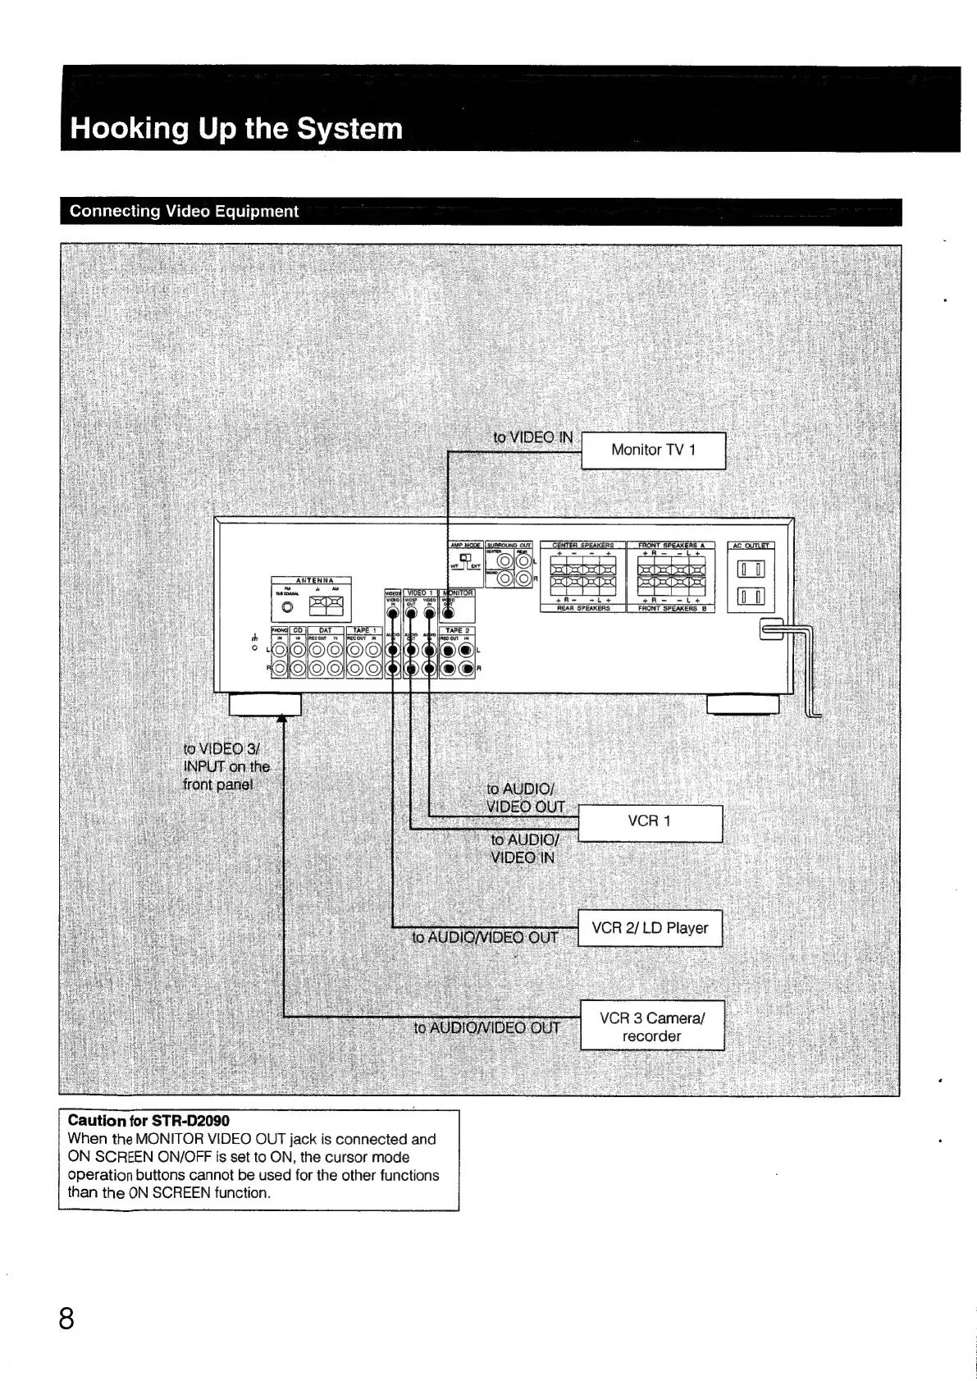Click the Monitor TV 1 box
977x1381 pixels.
(653, 450)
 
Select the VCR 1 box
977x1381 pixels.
(650, 822)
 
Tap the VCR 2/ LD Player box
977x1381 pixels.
(650, 928)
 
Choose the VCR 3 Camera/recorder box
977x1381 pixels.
(652, 1027)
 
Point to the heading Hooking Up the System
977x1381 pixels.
(237, 129)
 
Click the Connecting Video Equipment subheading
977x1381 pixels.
(184, 212)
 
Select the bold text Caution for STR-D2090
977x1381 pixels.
(148, 1121)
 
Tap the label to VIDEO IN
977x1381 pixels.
(532, 437)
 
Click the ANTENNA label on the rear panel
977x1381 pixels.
(311, 580)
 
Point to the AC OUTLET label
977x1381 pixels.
(751, 545)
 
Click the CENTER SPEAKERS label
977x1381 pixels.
(582, 545)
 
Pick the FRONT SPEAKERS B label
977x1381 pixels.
(671, 609)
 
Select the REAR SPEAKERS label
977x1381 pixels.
(582, 609)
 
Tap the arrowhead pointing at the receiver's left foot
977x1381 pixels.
(282, 720)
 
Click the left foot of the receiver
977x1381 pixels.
(265, 705)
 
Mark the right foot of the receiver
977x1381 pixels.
(742, 705)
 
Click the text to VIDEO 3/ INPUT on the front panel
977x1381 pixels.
(226, 766)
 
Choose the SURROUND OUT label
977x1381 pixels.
(509, 545)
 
